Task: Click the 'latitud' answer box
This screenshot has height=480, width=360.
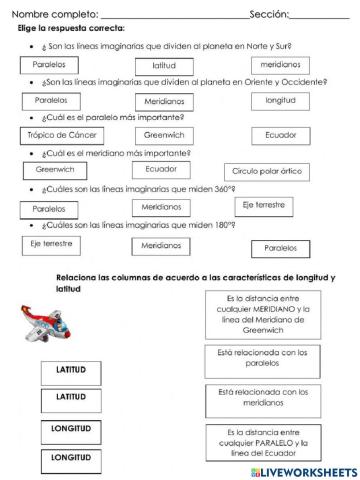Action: (x=164, y=65)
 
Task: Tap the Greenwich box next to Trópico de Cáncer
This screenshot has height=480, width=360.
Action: (x=164, y=135)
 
